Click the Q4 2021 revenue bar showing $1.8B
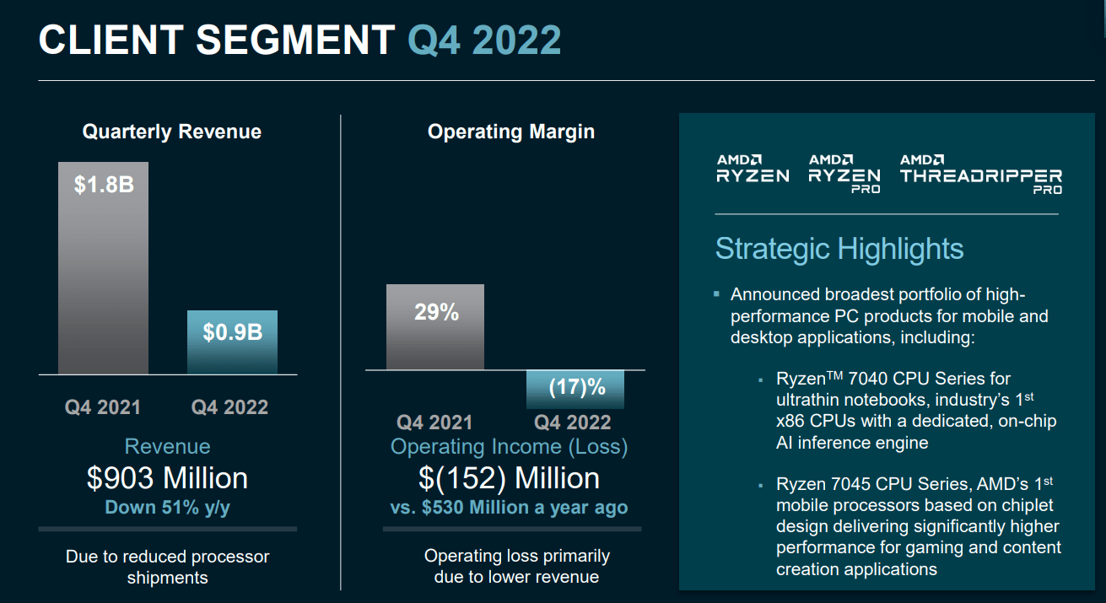coord(103,267)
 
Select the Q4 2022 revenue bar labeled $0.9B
coord(232,342)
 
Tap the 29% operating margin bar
coord(435,326)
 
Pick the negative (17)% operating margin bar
coord(575,389)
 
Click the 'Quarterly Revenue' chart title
coord(171,132)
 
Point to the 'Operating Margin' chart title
coord(511,132)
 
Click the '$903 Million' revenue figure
coord(167,478)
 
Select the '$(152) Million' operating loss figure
coord(509,478)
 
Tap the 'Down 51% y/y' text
coord(167,508)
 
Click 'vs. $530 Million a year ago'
coord(509,508)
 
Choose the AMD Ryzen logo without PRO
coord(753,169)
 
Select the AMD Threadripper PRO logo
coord(980,174)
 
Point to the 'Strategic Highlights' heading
coord(839,249)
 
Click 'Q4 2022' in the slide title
coord(484,40)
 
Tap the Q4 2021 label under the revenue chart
coord(103,407)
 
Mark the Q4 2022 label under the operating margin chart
coord(573,423)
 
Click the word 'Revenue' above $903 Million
coord(167,446)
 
